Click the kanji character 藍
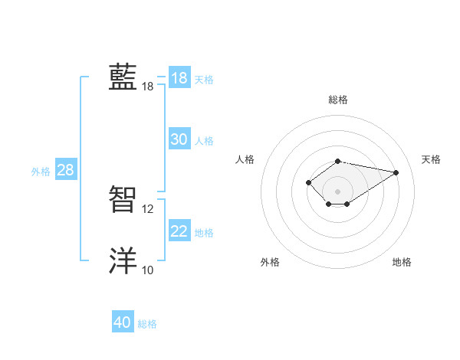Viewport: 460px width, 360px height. point(123,77)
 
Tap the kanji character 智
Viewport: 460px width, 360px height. point(123,200)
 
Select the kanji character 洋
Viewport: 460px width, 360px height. point(123,261)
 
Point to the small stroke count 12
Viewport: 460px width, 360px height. point(148,208)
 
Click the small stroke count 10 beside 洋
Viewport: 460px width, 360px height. point(148,270)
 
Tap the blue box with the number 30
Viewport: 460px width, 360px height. point(179,139)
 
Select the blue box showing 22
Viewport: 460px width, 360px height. point(179,231)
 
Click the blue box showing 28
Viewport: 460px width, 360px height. point(65,170)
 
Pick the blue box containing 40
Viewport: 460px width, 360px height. point(123,322)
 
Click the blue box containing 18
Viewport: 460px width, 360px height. point(179,78)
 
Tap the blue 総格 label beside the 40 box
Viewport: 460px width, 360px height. point(147,324)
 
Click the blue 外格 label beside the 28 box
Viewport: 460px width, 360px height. point(41,172)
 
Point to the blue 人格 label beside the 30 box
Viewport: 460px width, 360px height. point(204,141)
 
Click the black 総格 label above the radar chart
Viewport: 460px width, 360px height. point(338,100)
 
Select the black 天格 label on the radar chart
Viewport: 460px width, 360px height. point(432,159)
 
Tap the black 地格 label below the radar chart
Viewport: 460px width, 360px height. point(402,263)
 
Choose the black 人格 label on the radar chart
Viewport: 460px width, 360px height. point(245,159)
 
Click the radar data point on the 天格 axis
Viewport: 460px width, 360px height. point(396,172)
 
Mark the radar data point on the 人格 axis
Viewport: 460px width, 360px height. point(308,182)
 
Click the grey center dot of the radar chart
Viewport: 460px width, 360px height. point(338,191)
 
